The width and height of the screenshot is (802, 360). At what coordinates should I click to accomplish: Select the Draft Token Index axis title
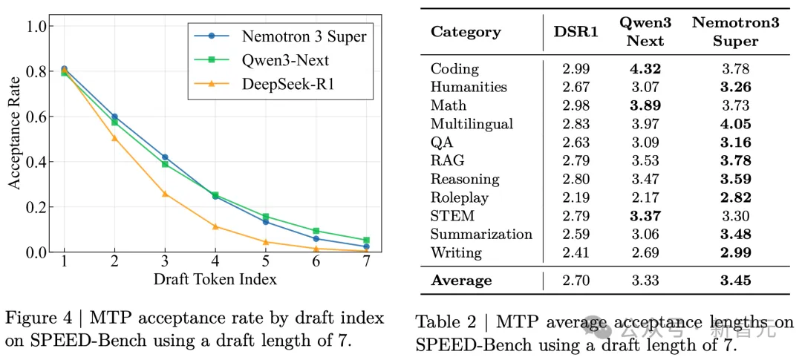215,279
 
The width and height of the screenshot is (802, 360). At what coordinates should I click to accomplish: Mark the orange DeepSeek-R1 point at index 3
165,194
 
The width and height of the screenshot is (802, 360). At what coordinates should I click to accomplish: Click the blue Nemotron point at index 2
114,117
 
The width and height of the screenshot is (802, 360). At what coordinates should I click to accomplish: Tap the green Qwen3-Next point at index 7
366,240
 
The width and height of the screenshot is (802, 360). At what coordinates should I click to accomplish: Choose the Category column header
466,32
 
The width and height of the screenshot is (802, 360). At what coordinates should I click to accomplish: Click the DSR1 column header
576,32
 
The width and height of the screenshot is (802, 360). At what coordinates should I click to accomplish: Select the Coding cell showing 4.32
645,69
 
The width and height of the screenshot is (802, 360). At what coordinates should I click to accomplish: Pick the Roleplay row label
459,197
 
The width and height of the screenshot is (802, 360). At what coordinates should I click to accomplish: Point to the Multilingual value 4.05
735,124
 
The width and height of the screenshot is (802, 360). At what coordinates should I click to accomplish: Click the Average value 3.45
735,280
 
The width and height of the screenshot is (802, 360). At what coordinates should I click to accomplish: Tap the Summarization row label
481,234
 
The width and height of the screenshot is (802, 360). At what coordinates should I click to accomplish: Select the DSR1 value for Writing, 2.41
576,252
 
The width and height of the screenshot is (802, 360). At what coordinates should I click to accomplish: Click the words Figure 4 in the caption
42,318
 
